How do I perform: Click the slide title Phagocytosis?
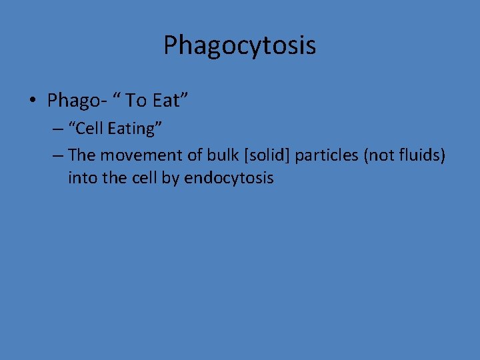[239, 46]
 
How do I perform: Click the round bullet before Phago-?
[32, 101]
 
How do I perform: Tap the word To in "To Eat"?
[137, 101]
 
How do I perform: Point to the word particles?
[325, 155]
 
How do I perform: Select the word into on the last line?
[81, 178]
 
